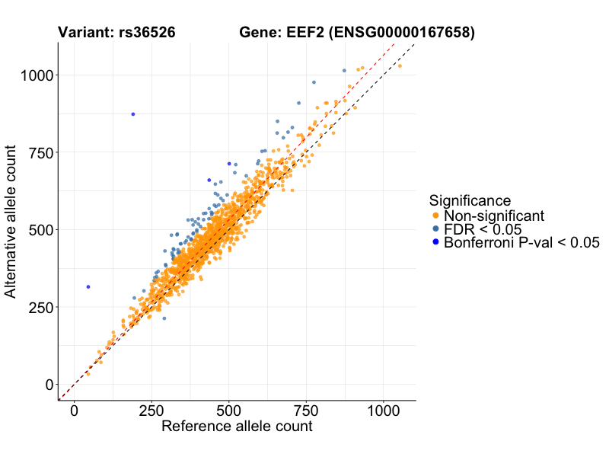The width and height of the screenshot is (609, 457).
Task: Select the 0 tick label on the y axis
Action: (48, 384)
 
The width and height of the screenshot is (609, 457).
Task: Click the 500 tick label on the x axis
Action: (228, 409)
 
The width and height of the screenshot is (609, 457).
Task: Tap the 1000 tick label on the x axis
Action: (383, 409)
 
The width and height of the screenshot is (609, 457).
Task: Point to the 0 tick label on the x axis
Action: (74, 409)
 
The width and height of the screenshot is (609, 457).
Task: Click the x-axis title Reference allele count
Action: (237, 427)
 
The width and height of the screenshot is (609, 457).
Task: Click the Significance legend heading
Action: (470, 200)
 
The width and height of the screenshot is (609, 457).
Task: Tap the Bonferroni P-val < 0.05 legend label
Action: (522, 243)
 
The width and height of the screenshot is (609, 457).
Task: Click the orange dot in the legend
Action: (435, 216)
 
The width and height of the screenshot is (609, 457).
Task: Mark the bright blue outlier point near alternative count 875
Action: (132, 114)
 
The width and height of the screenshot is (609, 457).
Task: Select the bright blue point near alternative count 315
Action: (88, 286)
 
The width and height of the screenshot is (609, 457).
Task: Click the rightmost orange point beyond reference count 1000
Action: (400, 66)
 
